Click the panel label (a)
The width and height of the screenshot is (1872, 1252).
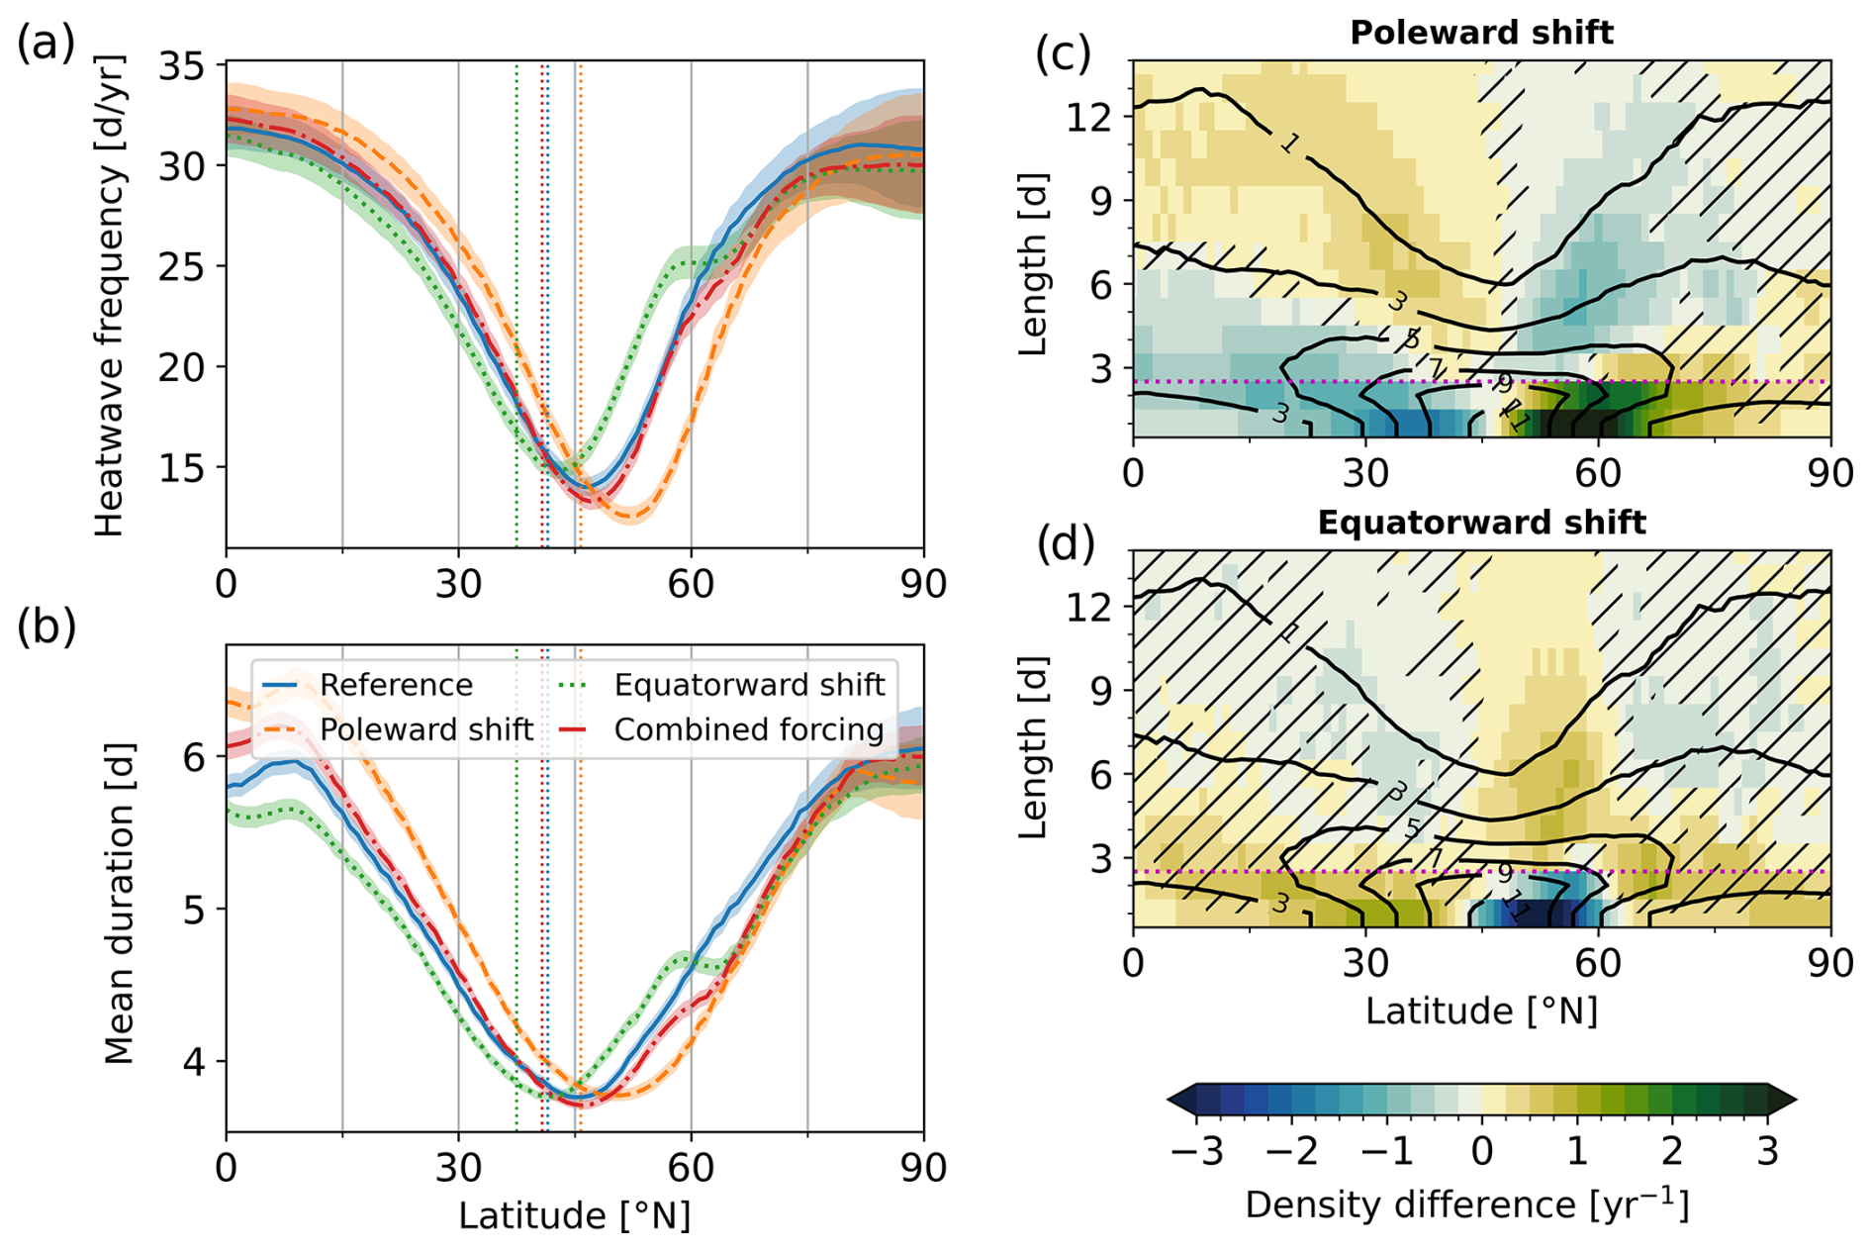pos(46,45)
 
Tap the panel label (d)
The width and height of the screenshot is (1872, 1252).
pos(1064,543)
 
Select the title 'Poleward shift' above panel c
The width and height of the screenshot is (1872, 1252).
pos(1481,33)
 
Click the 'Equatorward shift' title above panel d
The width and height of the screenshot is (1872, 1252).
pos(1481,522)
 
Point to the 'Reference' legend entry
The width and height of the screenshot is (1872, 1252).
pos(396,685)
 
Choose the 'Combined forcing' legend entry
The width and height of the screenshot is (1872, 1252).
pos(748,729)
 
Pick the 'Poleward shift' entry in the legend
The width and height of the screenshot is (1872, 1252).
pos(425,729)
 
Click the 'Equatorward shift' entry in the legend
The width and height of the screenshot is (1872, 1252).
pos(748,685)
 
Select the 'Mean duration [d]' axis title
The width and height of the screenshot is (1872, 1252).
pos(119,904)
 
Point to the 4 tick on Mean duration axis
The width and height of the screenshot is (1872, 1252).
pos(195,1062)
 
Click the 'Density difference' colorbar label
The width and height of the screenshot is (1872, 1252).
pos(1466,1205)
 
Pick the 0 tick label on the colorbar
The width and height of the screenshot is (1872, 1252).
pos(1481,1152)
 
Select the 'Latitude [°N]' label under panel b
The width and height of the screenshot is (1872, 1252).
pos(574,1215)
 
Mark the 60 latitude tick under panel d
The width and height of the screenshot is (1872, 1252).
pos(1598,962)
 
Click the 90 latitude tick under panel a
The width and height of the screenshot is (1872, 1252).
pos(922,584)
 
